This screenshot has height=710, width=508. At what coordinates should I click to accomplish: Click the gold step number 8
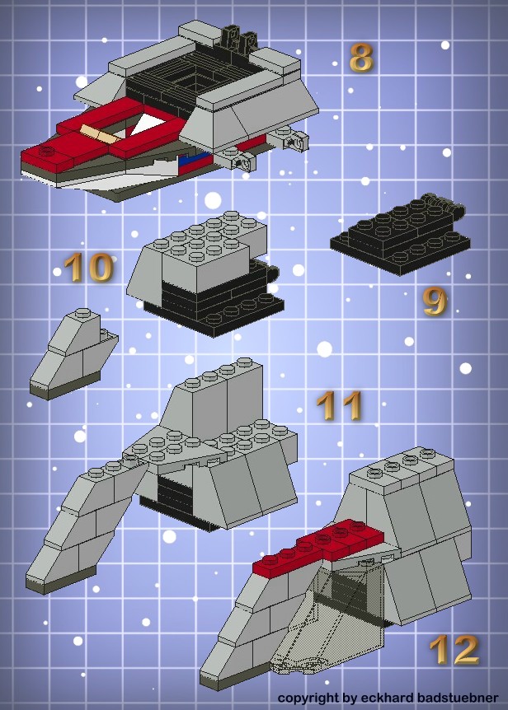coord(362,58)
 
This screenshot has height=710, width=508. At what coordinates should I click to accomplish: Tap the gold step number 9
coord(435,301)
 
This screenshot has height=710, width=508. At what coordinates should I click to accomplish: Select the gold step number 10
coord(88,267)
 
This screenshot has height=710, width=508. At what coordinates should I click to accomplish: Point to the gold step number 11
coord(339,406)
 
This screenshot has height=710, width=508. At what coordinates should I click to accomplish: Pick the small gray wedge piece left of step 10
coord(73,353)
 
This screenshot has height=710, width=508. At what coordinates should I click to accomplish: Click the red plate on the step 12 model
coord(317,548)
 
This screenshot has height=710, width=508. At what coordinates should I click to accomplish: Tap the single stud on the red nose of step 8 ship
coord(47,150)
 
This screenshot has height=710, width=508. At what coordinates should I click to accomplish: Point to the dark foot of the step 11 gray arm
coord(60,579)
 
